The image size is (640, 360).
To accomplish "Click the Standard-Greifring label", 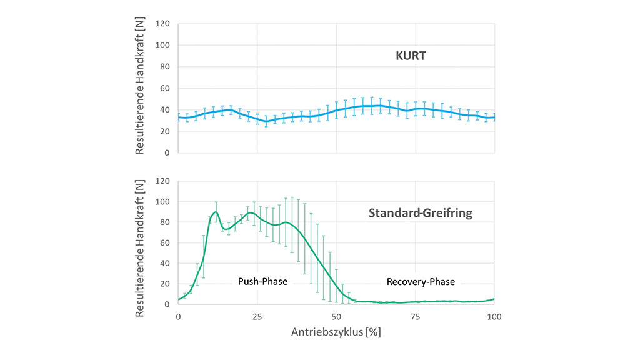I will pyautogui.click(x=420, y=213).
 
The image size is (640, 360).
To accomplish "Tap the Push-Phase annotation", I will pyautogui.click(x=262, y=282).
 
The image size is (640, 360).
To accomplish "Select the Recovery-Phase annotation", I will pyautogui.click(x=421, y=282).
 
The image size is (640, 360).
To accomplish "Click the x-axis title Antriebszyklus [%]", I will pyautogui.click(x=336, y=332).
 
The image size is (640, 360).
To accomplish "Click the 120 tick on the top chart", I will pyautogui.click(x=162, y=24).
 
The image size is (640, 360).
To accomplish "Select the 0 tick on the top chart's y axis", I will pyautogui.click(x=167, y=152).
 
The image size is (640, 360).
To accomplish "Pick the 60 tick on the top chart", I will pyautogui.click(x=164, y=88).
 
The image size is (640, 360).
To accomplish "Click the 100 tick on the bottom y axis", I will pyautogui.click(x=162, y=202).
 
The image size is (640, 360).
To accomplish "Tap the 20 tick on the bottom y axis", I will pyautogui.click(x=164, y=284).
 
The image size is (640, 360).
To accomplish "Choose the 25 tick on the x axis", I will pyautogui.click(x=257, y=317).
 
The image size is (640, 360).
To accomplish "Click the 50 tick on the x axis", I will pyautogui.click(x=336, y=317).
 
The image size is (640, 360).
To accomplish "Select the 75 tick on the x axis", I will pyautogui.click(x=416, y=317).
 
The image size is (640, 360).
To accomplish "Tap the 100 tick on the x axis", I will pyautogui.click(x=494, y=317).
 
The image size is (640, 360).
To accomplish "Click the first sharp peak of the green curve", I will pyautogui.click(x=216, y=212).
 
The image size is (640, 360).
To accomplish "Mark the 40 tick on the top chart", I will pyautogui.click(x=164, y=110).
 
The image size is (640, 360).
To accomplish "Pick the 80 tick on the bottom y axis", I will pyautogui.click(x=164, y=222).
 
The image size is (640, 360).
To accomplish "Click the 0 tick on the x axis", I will pyautogui.click(x=179, y=317).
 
